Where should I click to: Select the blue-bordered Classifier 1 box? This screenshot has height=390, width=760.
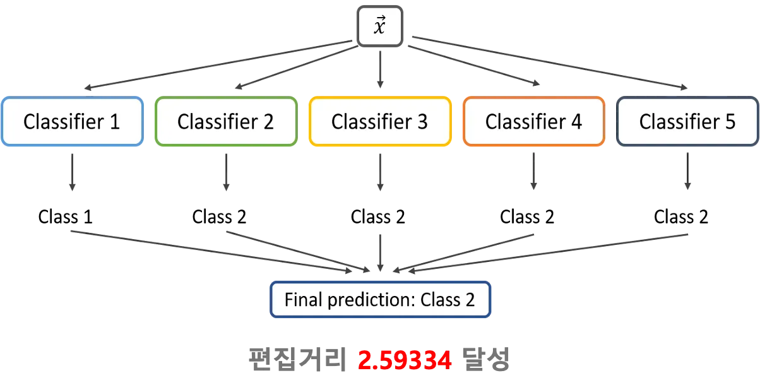click(71, 122)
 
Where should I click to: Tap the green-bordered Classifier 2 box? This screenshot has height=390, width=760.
click(225, 122)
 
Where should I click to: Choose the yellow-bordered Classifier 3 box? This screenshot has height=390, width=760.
click(380, 122)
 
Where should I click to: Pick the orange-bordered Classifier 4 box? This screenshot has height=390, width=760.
click(533, 122)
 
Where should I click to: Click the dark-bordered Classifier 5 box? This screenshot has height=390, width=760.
click(687, 122)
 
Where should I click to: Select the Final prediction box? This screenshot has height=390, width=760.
click(380, 299)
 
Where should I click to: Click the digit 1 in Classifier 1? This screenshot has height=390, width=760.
click(114, 122)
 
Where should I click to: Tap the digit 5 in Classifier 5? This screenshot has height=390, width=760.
click(730, 122)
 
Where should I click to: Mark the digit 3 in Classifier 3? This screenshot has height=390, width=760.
click(422, 122)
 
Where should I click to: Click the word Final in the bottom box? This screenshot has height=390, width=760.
click(302, 299)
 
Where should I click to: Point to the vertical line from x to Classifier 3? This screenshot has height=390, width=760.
click(380, 66)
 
